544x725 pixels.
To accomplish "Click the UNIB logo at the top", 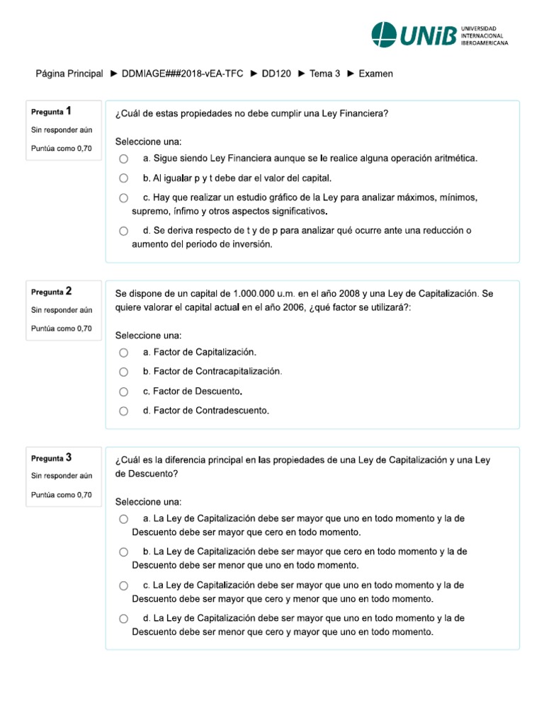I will coord(439,34).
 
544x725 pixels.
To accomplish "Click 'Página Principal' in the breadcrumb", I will coord(69,74).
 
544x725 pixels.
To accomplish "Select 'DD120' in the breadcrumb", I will coord(276,74).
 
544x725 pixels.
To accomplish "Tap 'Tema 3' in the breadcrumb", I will coord(324,74).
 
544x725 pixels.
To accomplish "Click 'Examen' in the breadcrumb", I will coord(375,74).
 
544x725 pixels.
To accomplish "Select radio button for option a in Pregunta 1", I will coord(124,159).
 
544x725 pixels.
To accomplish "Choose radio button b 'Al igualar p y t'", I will coord(124,178).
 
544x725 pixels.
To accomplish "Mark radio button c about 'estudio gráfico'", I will coord(124,198).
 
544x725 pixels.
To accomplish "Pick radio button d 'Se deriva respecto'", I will coord(124,231).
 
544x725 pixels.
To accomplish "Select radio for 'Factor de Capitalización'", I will coord(124,353).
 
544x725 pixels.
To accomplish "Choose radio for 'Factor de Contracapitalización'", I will coord(124,372).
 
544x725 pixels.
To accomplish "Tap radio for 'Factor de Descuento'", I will coord(124,392).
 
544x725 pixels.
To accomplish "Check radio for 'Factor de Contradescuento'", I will coord(124,411).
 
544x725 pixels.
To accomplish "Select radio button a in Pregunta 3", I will coord(124,519).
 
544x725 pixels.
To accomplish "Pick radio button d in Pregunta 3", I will coord(124,619).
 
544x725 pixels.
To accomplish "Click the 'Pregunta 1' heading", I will coord(51,111).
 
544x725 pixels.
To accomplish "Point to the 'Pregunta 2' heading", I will coord(51,291).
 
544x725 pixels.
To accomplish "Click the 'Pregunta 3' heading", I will coord(51,457).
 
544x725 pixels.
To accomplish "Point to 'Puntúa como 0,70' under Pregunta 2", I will coord(62,328).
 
